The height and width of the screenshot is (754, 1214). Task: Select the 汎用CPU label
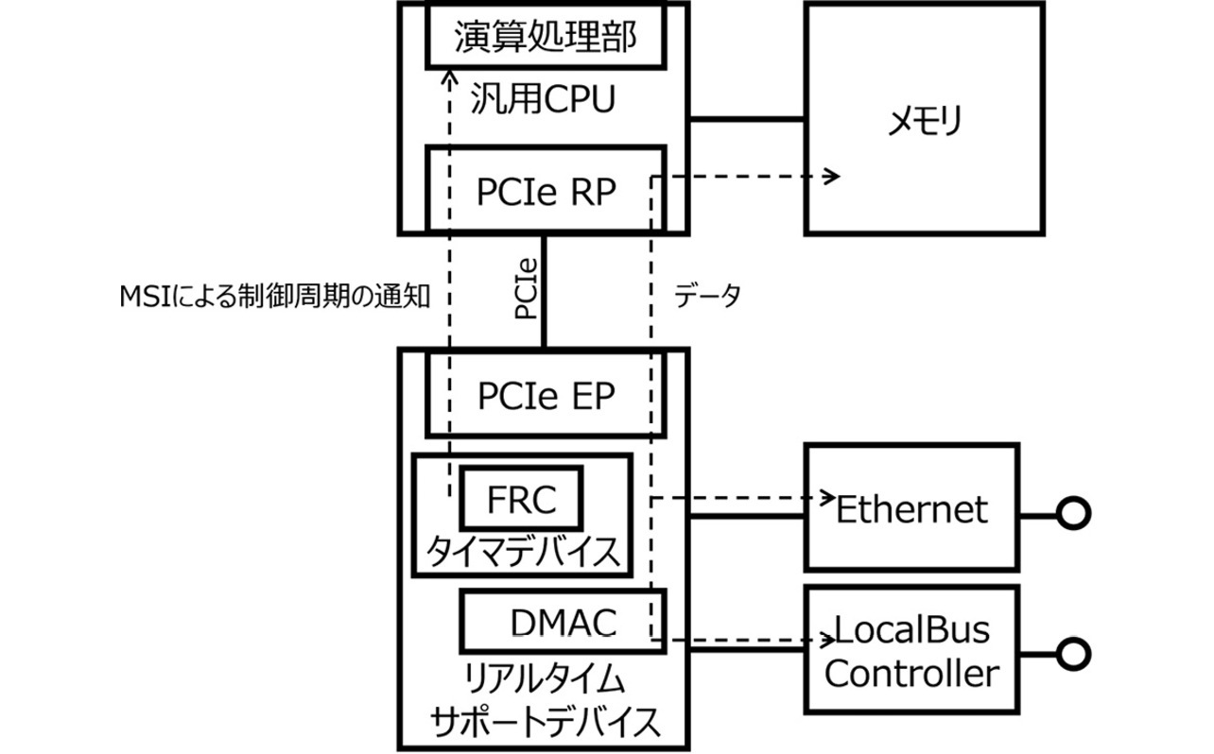tap(543, 98)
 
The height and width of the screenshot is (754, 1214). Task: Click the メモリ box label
tap(924, 120)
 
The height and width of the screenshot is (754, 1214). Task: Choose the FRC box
tap(520, 500)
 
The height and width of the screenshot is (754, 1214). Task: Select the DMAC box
tap(563, 622)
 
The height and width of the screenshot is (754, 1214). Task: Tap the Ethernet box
tap(911, 508)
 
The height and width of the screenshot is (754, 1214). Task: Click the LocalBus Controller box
tap(911, 651)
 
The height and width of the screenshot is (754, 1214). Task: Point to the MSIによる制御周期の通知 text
tap(275, 297)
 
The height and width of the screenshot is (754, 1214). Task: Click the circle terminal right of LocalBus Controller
tap(1072, 653)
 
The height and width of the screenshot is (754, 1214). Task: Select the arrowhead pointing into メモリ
tap(831, 176)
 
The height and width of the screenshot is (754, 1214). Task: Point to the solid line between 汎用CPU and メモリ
tap(747, 119)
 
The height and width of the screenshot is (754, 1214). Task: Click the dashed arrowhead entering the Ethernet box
tap(828, 496)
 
